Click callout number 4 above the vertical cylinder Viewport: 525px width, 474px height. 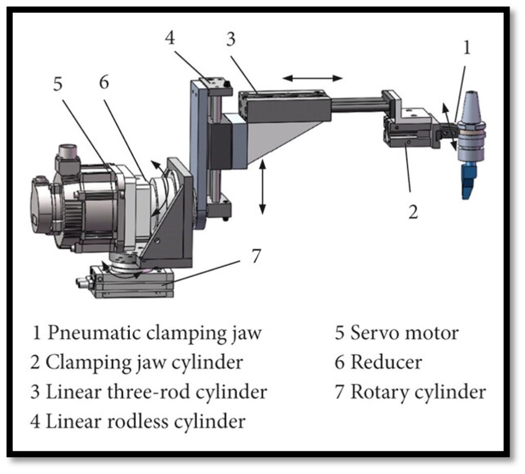pyautogui.click(x=170, y=37)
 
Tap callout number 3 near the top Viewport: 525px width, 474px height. pyautogui.click(x=231, y=39)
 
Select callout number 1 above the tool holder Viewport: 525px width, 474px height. pyautogui.click(x=467, y=47)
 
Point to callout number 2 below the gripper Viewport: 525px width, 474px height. pyautogui.click(x=413, y=212)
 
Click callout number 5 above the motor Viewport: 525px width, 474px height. pyautogui.click(x=58, y=84)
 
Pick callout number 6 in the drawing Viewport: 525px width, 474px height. pyautogui.click(x=104, y=82)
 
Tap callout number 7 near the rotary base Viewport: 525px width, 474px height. pyautogui.click(x=256, y=256)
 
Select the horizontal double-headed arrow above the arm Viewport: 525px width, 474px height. pyautogui.click(x=312, y=78)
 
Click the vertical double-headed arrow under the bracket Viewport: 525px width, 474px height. pyautogui.click(x=262, y=187)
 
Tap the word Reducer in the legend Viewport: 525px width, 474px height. pyautogui.click(x=386, y=362)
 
